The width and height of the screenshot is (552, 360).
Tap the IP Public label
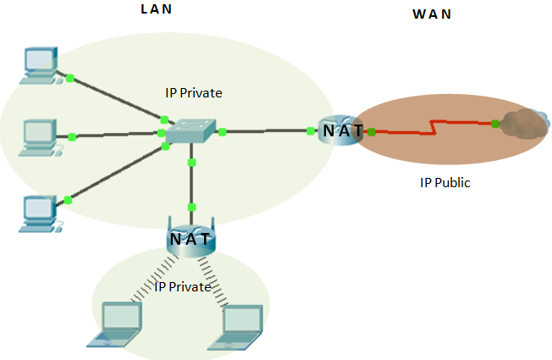coord(444,182)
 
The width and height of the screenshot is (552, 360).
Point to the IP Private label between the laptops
coord(182,287)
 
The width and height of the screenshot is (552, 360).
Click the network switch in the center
coord(190,132)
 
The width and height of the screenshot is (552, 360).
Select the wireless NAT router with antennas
coord(190,239)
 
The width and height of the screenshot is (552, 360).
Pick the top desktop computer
coord(38,63)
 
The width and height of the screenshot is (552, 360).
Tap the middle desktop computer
coord(38,135)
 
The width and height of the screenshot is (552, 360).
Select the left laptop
coord(116,325)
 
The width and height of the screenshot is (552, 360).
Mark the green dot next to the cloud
coord(495,124)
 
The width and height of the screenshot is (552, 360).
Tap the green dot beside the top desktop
coord(70,78)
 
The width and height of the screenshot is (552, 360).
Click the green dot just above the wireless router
coord(192,207)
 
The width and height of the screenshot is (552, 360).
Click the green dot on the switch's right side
coord(223,131)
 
